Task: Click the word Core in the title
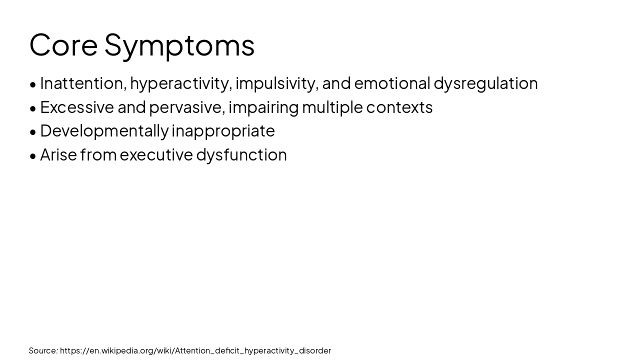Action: [x=63, y=45]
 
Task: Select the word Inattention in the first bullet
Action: [x=82, y=83]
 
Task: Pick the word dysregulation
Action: [x=485, y=83]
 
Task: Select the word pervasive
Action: [x=187, y=107]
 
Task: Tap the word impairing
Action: [x=263, y=107]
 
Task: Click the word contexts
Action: [x=399, y=107]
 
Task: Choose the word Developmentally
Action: [x=104, y=131]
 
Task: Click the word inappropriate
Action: [x=223, y=131]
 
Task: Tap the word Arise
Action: [x=58, y=154]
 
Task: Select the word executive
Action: [x=156, y=155]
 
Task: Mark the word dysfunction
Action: [x=241, y=155]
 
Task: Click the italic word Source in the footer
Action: [x=43, y=350]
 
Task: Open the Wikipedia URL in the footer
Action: [x=195, y=350]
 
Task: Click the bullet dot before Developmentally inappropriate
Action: [x=33, y=131]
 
